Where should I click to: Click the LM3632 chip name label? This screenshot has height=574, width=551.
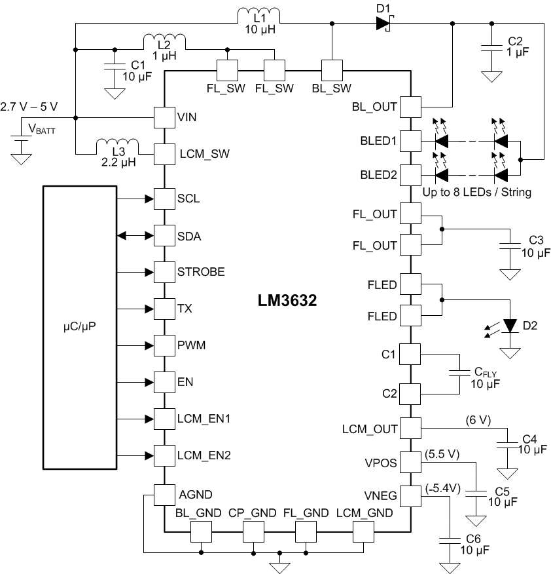287,301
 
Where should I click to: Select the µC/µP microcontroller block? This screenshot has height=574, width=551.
79,327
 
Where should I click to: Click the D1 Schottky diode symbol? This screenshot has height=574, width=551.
383,24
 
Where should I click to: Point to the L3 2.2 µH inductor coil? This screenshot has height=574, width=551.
117,146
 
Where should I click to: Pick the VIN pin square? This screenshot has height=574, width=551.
163,118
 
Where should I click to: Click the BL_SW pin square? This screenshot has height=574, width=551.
332,69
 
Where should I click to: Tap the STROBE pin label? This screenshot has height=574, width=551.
201,271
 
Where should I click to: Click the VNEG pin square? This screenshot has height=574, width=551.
410,495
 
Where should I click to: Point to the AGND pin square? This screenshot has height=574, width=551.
163,494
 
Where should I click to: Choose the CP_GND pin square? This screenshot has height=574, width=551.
253,531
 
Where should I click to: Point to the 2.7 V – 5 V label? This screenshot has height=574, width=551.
29,106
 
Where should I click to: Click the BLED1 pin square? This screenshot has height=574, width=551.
410,140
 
